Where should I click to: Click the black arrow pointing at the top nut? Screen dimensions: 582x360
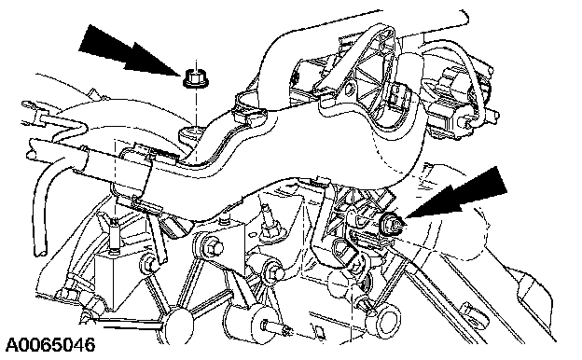click(128, 49)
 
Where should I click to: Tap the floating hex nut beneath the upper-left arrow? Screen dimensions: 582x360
click(192, 78)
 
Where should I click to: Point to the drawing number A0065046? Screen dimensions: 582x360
click(50, 345)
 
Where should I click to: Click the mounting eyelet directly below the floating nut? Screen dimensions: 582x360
click(191, 132)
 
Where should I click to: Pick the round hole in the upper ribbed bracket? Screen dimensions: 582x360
click(350, 89)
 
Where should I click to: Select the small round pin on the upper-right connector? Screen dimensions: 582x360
click(463, 121)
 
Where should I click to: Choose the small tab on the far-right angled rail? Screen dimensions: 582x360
click(465, 308)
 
